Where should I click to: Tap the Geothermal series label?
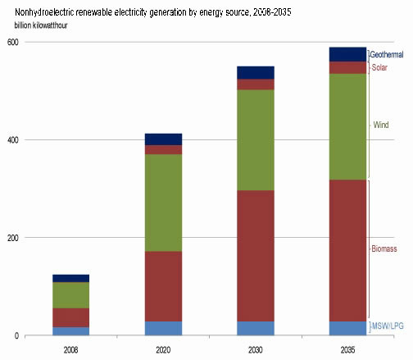388,54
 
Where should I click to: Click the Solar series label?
379,67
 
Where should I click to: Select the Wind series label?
381,125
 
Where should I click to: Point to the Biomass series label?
384,246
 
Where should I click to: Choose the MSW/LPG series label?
387,327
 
